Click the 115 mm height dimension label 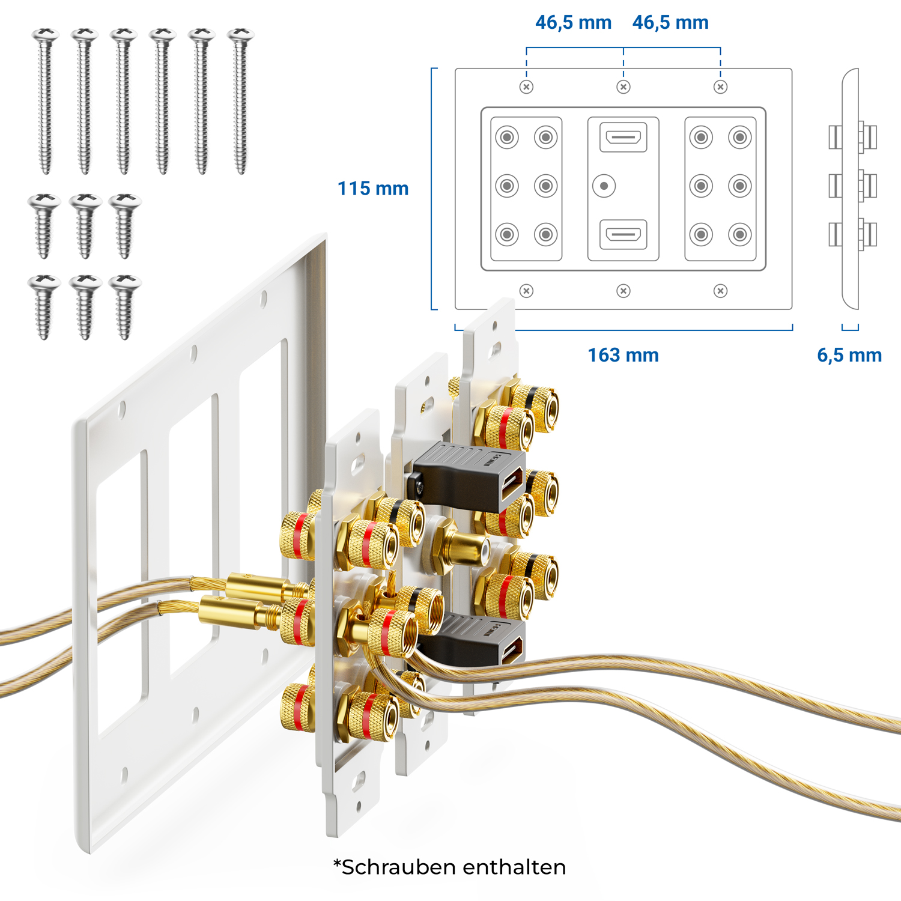pyautogui.click(x=373, y=189)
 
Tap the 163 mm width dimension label pyautogui.click(x=623, y=355)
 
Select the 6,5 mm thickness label pyautogui.click(x=849, y=355)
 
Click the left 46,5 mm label pyautogui.click(x=573, y=23)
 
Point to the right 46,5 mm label pyautogui.click(x=670, y=23)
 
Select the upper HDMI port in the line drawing pyautogui.click(x=623, y=137)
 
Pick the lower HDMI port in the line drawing pyautogui.click(x=623, y=234)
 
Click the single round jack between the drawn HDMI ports pyautogui.click(x=604, y=186)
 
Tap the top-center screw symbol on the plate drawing pyautogui.click(x=623, y=87)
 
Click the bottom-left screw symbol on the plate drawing pyautogui.click(x=526, y=291)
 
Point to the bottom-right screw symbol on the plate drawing pyautogui.click(x=720, y=291)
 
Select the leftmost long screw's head pyautogui.click(x=46, y=35)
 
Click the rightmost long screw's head pyautogui.click(x=241, y=35)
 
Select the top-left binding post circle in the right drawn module pyautogui.click(x=701, y=138)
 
